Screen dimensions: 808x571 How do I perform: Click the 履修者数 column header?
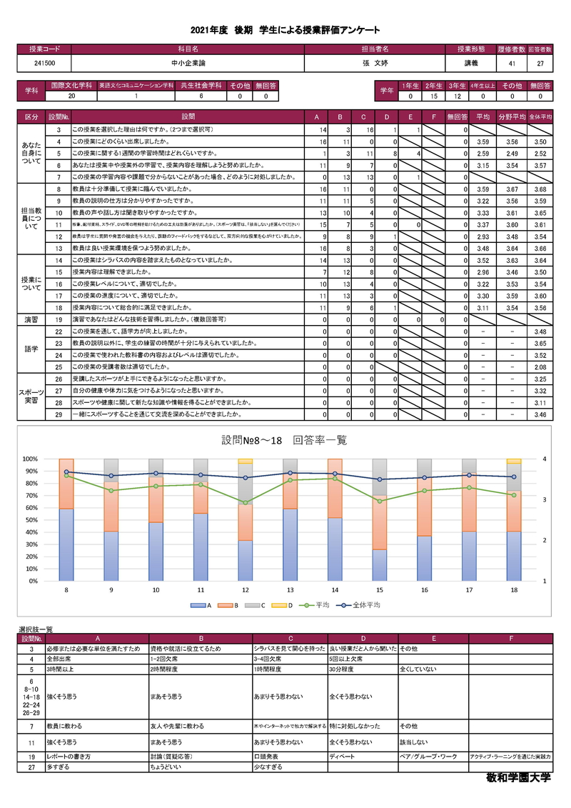point(511,49)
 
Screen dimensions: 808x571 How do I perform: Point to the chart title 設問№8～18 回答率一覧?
point(284,441)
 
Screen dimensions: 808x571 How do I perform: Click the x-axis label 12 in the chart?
point(245,591)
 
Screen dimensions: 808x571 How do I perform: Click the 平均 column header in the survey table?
point(483,116)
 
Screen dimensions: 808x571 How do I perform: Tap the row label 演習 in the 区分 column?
point(32,319)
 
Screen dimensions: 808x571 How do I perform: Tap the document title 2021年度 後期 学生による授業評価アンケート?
point(285,30)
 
